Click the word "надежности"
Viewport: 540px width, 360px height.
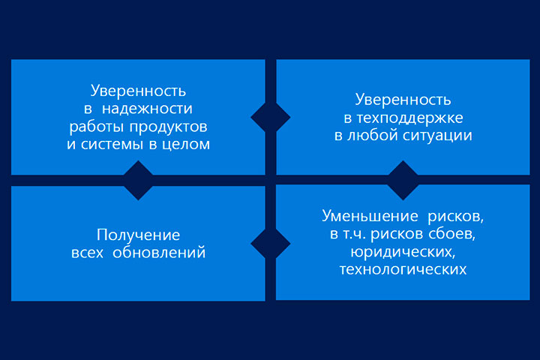[x=147, y=109]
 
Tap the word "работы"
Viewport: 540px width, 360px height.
[x=97, y=127]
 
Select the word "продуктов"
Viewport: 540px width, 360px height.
[x=169, y=127]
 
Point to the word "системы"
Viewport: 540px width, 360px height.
[x=112, y=144]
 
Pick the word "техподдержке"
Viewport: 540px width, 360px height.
[x=409, y=118]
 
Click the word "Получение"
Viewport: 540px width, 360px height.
[x=139, y=235]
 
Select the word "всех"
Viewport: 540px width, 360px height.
[x=88, y=253]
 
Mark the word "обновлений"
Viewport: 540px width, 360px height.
[x=159, y=253]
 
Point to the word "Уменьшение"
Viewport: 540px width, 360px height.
[x=370, y=216]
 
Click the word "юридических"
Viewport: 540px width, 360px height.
[x=403, y=252]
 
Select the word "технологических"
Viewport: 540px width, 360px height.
[x=403, y=269]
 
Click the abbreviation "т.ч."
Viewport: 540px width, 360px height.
[x=355, y=235]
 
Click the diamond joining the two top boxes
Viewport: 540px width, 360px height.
[x=271, y=117]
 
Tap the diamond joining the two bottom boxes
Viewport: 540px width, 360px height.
[x=271, y=244]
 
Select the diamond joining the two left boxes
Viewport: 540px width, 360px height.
[x=138, y=181]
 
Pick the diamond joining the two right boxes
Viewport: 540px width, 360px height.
[x=403, y=181]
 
